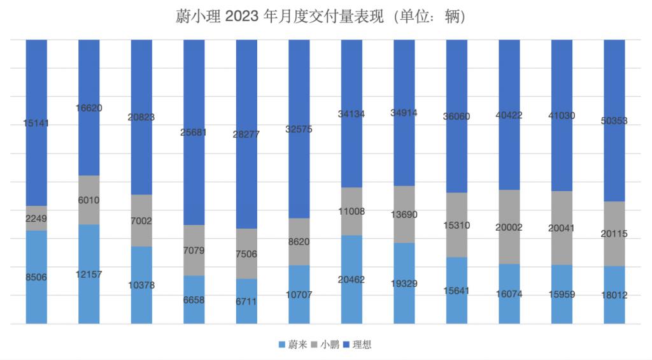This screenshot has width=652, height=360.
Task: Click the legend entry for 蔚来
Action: click(x=294, y=345)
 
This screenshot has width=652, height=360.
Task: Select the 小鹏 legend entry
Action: click(x=328, y=345)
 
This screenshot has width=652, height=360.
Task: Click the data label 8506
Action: click(x=36, y=277)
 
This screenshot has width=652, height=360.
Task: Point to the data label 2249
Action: click(x=36, y=219)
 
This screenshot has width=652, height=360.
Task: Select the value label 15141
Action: click(x=36, y=123)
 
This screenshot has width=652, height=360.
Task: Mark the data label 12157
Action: click(x=89, y=275)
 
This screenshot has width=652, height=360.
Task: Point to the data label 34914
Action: click(x=404, y=113)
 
